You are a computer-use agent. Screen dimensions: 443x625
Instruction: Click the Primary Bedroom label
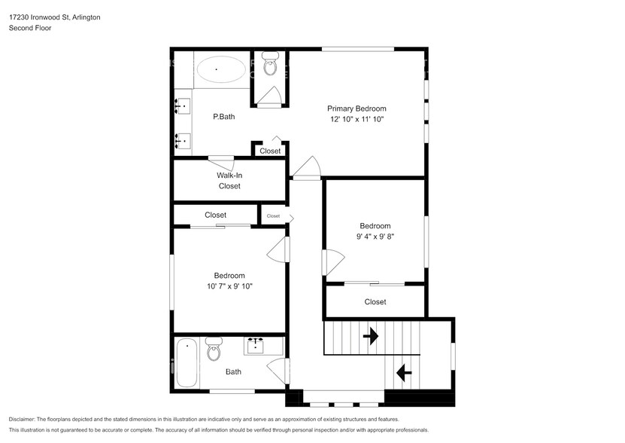[356, 108]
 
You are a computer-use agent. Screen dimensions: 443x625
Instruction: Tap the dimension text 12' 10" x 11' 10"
[356, 120]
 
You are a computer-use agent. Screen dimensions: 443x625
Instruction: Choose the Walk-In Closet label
[229, 181]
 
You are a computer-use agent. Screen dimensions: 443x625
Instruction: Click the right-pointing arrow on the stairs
[370, 336]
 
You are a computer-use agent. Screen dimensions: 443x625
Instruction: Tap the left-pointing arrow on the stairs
[403, 371]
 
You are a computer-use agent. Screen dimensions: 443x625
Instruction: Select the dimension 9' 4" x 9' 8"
[375, 237]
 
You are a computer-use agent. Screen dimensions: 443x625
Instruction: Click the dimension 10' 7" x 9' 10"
[229, 286]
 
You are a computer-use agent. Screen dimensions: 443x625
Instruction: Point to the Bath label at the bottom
[233, 371]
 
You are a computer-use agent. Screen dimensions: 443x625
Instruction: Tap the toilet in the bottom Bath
[214, 350]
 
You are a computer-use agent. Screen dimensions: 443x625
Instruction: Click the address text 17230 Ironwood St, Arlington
[55, 17]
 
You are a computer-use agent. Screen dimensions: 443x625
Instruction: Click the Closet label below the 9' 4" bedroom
[375, 302]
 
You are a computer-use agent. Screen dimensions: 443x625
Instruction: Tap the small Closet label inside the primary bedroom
[270, 151]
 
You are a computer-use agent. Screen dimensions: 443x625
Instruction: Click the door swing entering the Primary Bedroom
[307, 168]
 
